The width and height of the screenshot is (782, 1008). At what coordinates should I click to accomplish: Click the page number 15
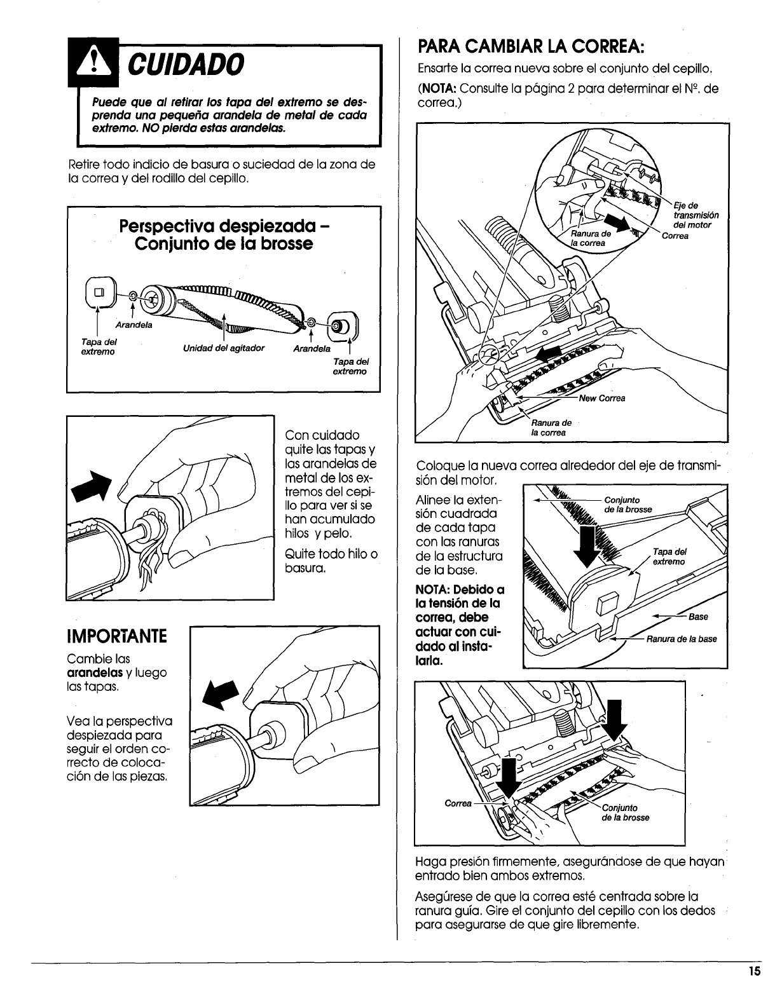click(754, 990)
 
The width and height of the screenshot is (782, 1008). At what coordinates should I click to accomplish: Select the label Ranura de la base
click(682, 639)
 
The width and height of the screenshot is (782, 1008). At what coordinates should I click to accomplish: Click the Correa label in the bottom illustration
click(458, 803)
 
